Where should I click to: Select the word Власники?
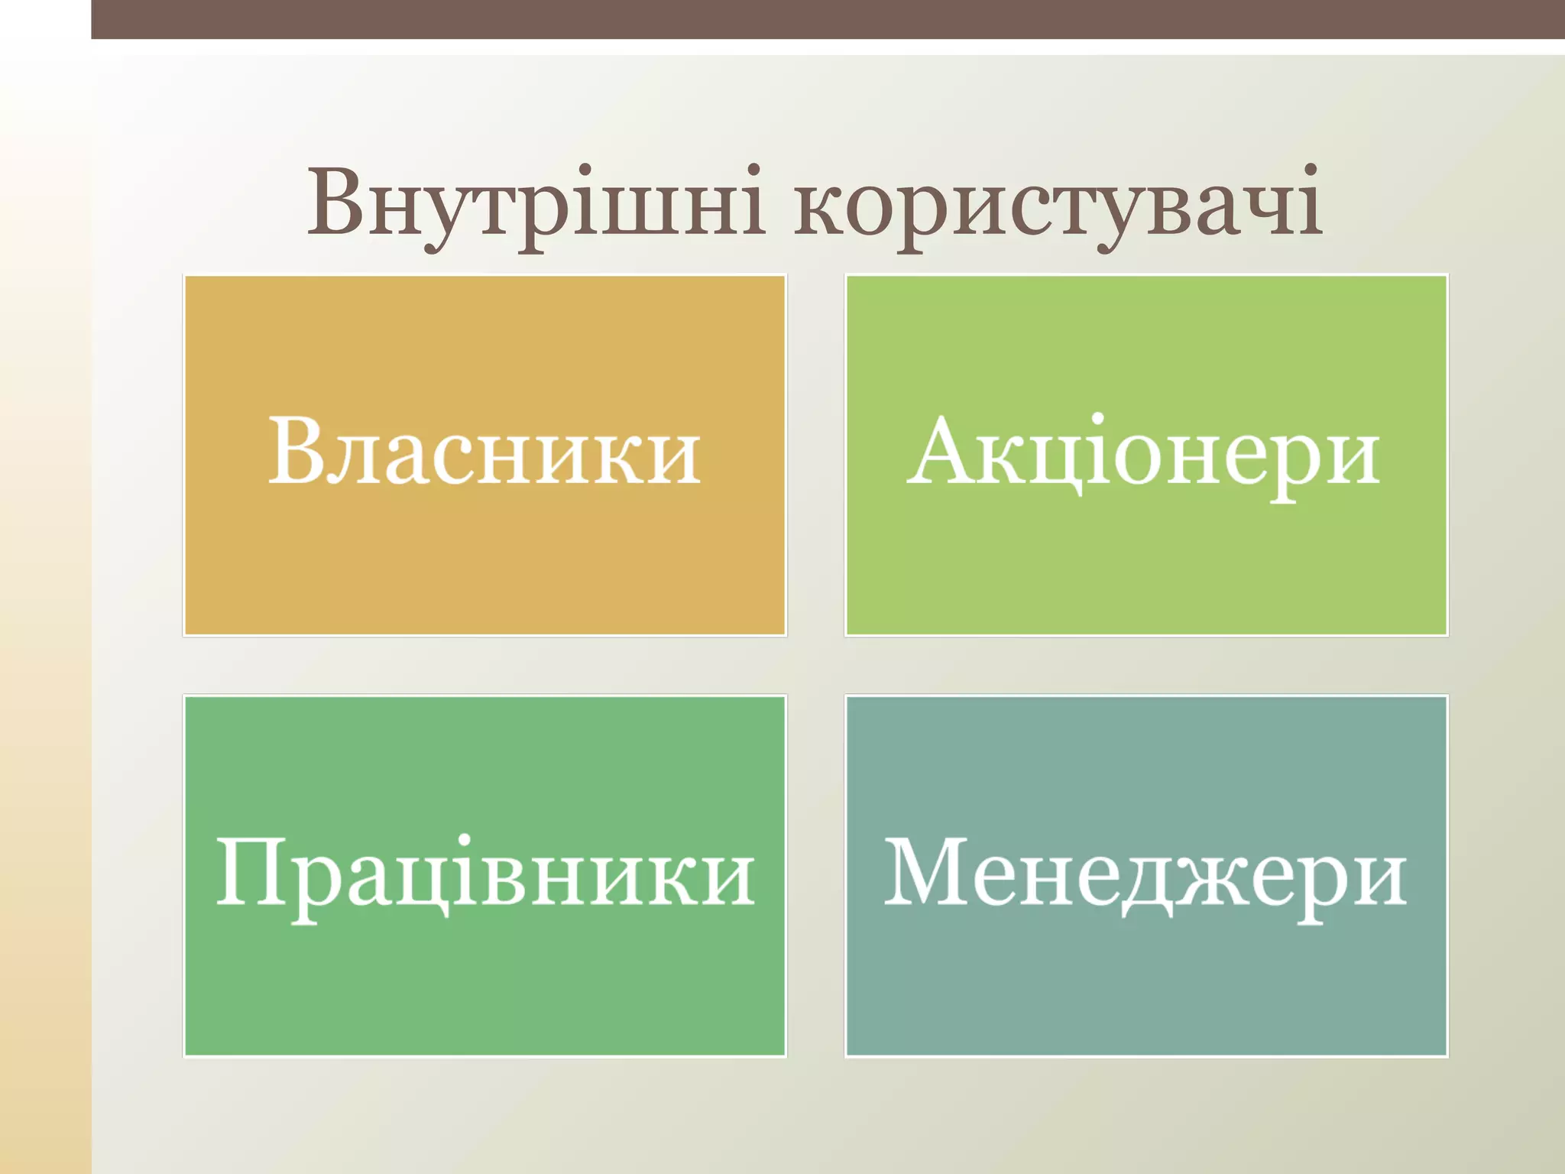point(484,452)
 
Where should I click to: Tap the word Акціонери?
point(1144,452)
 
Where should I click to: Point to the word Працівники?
point(484,874)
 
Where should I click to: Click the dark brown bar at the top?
point(828,19)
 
